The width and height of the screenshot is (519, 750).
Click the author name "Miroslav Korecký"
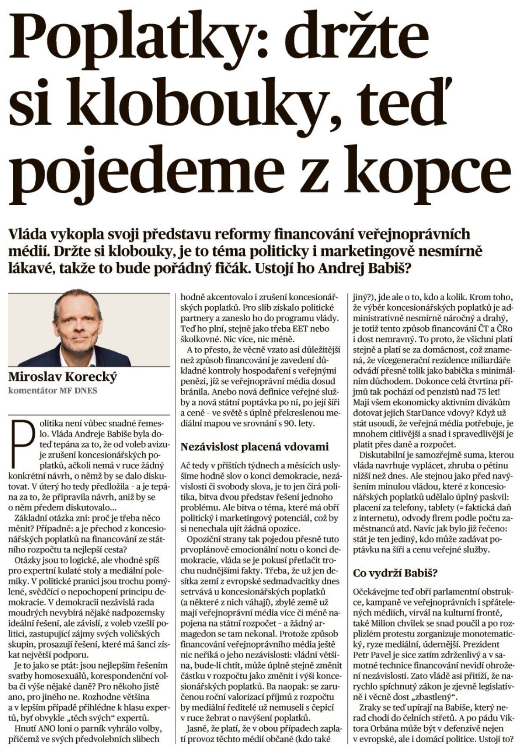click(x=63, y=378)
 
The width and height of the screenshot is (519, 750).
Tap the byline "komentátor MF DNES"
click(x=53, y=390)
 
